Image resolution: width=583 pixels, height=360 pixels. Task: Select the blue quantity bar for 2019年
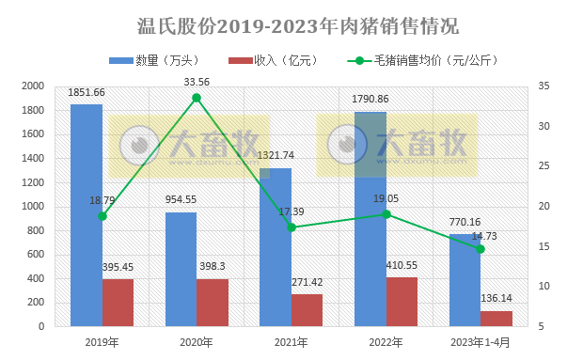click(87, 216)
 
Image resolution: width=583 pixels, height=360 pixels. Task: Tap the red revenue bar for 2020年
click(213, 303)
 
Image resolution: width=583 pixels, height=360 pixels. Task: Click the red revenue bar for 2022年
click(402, 302)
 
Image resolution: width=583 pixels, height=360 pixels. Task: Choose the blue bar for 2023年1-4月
click(465, 280)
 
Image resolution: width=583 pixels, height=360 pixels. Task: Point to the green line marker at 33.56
click(197, 98)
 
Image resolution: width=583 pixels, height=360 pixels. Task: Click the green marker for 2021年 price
click(291, 227)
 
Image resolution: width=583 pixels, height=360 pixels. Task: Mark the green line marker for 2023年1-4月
click(481, 249)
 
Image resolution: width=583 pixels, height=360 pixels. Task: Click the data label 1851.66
click(87, 92)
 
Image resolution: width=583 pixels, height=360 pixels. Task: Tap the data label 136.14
click(496, 298)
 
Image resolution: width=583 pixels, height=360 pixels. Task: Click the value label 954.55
click(181, 200)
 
